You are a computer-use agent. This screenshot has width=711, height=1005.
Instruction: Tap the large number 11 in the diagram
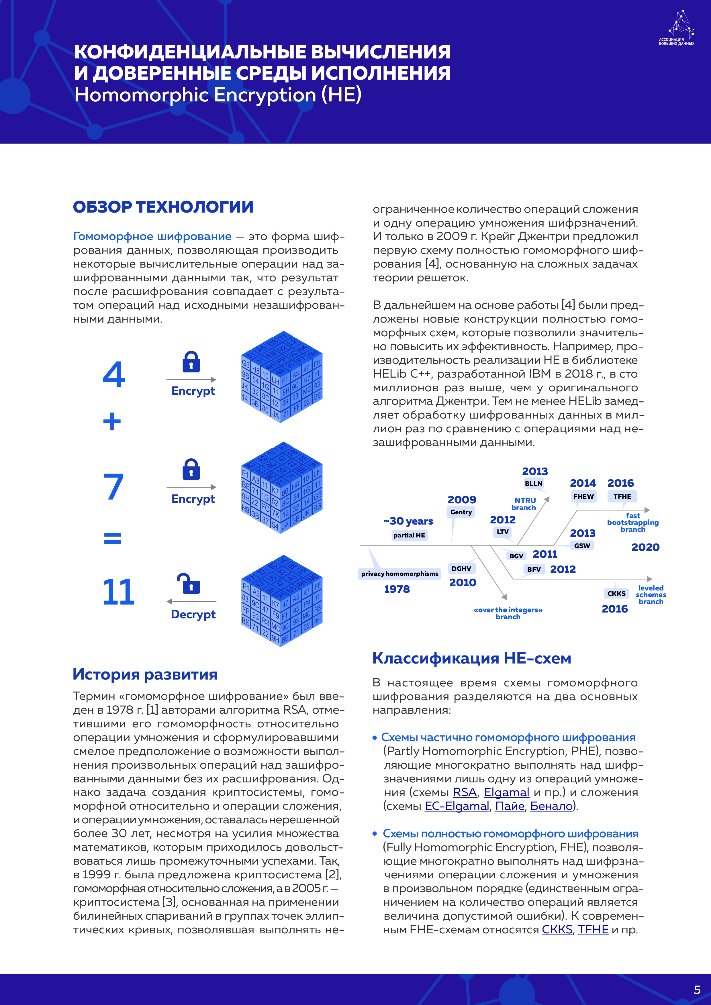(x=118, y=592)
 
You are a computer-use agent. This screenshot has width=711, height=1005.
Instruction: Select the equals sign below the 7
(x=113, y=538)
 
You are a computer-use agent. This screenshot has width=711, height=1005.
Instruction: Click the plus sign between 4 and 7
(x=112, y=421)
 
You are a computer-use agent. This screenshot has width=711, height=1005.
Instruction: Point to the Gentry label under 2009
(x=461, y=512)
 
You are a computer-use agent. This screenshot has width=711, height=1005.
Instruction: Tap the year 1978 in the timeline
(x=397, y=589)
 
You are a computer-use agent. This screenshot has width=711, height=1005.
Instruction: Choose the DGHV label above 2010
(x=461, y=569)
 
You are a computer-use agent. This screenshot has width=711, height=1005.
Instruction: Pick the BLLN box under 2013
(x=533, y=484)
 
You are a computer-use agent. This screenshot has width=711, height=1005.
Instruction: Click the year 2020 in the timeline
(x=645, y=547)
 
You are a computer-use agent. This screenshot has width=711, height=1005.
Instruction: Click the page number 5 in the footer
(x=697, y=990)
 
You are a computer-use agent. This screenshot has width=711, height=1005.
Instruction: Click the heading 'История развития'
(x=145, y=674)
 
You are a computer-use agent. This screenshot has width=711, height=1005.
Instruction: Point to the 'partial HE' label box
(x=409, y=535)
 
